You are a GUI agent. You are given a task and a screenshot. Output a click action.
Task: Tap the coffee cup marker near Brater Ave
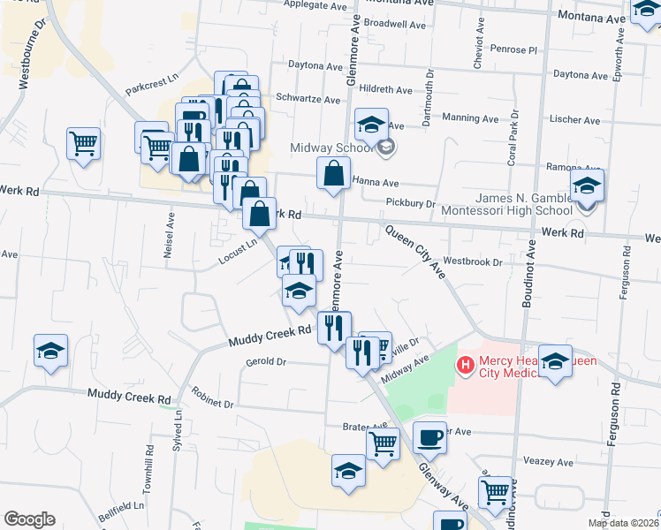pos(429,437)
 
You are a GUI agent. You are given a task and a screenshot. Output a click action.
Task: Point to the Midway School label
pos(330,147)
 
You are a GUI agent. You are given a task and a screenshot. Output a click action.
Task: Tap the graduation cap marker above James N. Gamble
pos(587,186)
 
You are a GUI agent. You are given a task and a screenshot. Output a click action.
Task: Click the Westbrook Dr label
pos(472,261)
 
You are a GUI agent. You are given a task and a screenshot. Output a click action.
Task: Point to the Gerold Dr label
pos(266,361)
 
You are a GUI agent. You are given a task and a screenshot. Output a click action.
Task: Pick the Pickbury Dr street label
pos(411,203)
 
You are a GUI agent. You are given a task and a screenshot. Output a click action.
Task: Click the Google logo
pos(29,519)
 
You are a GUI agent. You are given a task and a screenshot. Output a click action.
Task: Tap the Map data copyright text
pos(622,523)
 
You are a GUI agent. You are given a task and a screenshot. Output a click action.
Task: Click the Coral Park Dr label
pos(512,141)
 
